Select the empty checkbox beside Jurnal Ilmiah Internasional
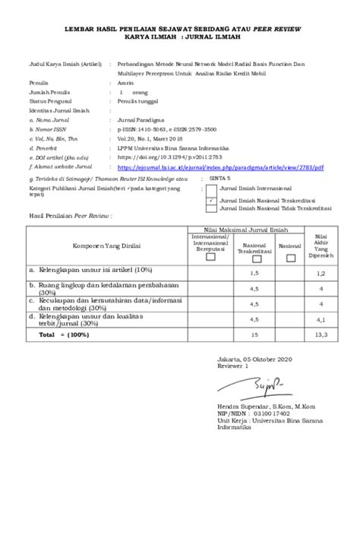point(213,189)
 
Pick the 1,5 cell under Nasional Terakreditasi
point(254,271)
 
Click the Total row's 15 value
point(254,334)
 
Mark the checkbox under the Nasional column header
point(289,256)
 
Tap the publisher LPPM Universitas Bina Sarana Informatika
point(169,149)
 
